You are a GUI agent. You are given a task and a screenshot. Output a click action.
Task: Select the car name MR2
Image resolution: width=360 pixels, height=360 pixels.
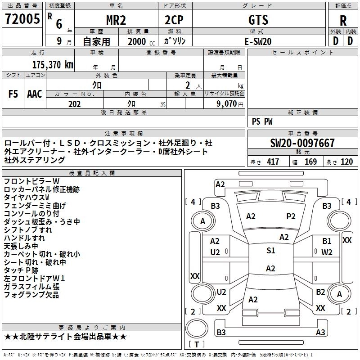116,19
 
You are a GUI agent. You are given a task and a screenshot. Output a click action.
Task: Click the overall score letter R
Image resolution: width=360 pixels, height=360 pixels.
343,21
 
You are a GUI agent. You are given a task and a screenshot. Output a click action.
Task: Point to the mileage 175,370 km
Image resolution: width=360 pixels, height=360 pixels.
53,65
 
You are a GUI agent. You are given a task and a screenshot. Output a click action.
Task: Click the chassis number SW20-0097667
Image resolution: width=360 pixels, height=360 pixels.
302,144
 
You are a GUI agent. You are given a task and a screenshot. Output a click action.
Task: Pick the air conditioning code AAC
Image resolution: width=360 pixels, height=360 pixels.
35,94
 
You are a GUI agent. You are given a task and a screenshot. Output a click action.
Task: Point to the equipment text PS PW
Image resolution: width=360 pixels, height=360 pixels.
262,121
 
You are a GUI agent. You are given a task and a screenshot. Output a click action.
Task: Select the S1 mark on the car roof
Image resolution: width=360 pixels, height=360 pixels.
270,251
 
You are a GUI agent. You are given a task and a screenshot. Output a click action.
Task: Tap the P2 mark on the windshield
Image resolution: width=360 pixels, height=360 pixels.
291,216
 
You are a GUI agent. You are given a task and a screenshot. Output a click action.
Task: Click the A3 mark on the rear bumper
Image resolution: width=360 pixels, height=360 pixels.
320,333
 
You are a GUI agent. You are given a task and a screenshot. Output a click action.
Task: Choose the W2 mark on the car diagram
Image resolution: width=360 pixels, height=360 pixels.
327,252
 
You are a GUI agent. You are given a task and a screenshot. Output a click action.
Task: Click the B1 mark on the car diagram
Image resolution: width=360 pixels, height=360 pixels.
327,242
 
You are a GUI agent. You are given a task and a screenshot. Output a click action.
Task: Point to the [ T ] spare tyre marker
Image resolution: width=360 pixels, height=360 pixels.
197,345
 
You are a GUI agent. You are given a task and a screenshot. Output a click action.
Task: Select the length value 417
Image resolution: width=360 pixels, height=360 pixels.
273,162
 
